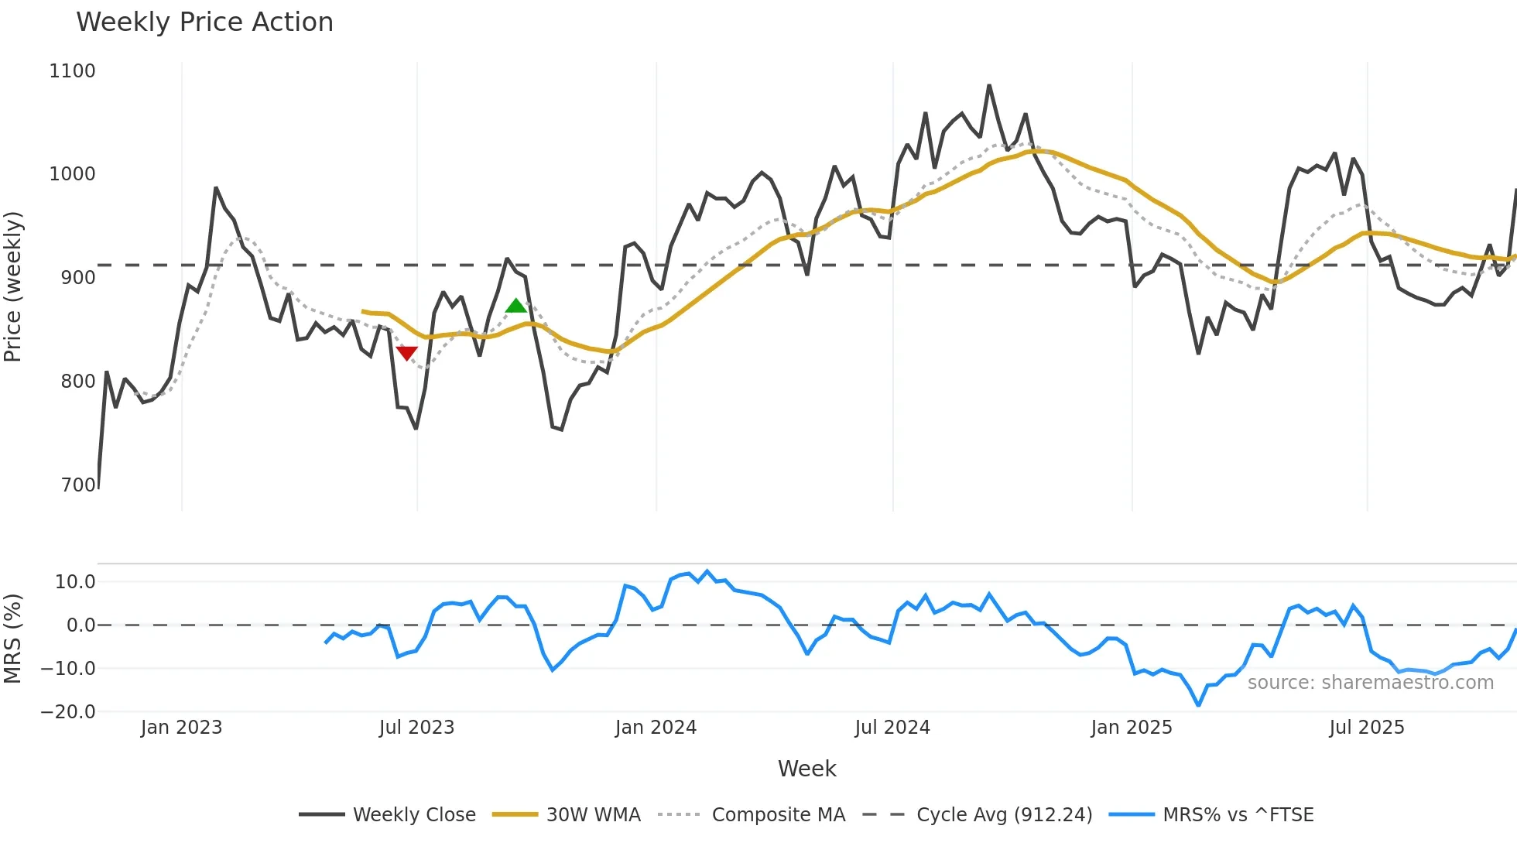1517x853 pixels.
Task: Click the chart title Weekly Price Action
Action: (204, 22)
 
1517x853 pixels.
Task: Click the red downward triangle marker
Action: (406, 353)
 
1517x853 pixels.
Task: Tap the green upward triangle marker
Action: (515, 307)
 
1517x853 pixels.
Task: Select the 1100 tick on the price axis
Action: (72, 71)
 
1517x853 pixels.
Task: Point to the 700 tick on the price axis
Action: (78, 485)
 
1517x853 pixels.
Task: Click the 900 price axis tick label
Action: (78, 278)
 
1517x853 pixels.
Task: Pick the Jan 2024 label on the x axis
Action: (656, 728)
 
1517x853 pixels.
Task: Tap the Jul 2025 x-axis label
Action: (1366, 728)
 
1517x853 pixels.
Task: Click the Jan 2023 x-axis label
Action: (181, 728)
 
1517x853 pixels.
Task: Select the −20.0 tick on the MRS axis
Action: (68, 712)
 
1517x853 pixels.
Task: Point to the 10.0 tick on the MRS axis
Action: (74, 582)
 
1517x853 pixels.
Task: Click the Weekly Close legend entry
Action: (414, 815)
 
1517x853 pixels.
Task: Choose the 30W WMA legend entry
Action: (593, 815)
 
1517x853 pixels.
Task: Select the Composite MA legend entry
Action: (778, 815)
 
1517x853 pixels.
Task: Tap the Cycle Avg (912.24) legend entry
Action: (1004, 815)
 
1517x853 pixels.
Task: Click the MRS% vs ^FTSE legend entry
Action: (1238, 815)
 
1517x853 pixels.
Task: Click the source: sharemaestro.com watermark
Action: (1370, 683)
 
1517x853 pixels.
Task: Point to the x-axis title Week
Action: (806, 769)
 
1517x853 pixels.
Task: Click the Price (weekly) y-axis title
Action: (13, 286)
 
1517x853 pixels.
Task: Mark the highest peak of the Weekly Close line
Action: (989, 86)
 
